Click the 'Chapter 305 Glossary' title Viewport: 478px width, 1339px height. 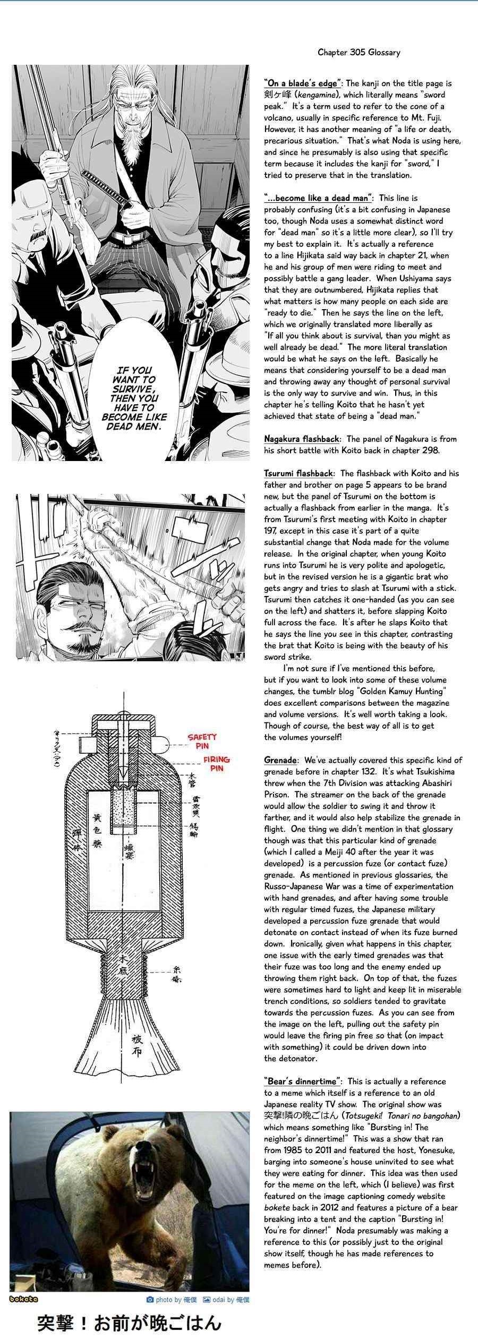358,53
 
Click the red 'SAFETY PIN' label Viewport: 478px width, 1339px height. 202,741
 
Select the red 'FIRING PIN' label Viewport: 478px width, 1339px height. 216,764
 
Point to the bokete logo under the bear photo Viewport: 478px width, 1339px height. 24,1299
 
